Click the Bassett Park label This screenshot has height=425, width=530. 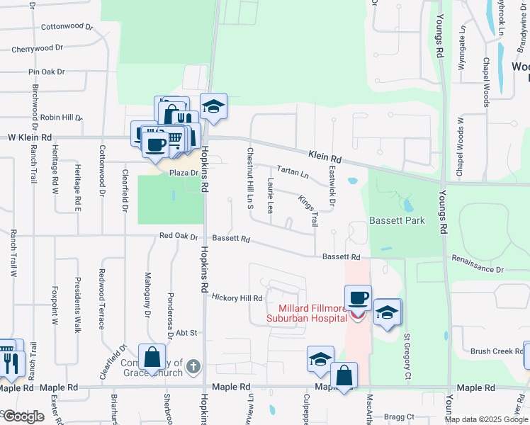397,220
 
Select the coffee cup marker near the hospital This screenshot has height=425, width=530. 359,298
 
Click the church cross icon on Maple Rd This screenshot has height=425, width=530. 194,368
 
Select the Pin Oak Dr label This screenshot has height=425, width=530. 46,72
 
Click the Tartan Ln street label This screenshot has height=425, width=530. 293,172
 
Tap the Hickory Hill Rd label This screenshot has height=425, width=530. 237,298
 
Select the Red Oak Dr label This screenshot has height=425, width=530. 178,236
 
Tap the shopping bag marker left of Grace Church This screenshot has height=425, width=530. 152,357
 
